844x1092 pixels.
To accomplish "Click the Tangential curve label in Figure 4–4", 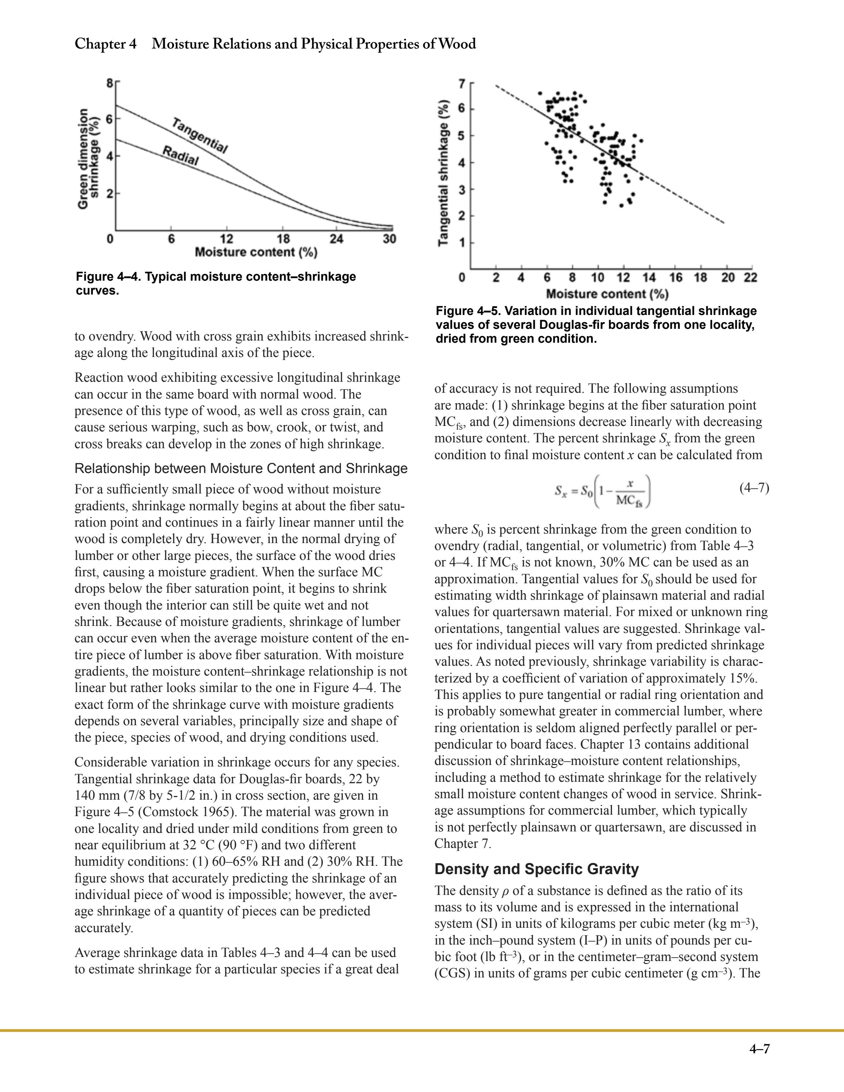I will pos(200,135).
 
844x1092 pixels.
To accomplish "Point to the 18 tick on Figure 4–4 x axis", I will pos(283,239).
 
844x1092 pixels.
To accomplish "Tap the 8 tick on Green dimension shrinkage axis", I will pos(110,84).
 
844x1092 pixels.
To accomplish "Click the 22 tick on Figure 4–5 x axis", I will pos(751,277).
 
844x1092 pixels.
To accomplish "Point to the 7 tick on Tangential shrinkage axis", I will pos(462,84).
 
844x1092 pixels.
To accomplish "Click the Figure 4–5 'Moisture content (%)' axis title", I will pos(607,293).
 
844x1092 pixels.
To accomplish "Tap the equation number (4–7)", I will pos(754,488).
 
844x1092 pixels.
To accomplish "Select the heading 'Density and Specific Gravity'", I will pos(537,869).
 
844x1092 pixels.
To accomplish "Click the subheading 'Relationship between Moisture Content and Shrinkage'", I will pos(241,469).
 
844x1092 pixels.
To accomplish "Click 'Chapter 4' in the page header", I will pos(105,44).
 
